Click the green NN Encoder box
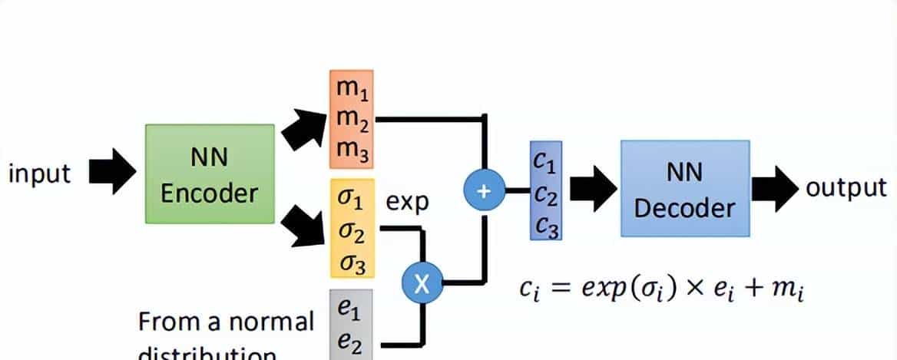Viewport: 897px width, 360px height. click(210, 173)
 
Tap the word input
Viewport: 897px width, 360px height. click(39, 174)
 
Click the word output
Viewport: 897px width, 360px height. click(846, 188)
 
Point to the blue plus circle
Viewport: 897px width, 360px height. click(483, 191)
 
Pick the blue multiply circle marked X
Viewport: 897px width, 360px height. click(422, 284)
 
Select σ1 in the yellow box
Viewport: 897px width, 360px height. click(352, 199)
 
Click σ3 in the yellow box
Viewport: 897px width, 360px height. click(352, 263)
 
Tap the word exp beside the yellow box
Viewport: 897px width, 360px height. click(407, 203)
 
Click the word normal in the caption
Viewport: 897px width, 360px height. click(274, 321)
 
